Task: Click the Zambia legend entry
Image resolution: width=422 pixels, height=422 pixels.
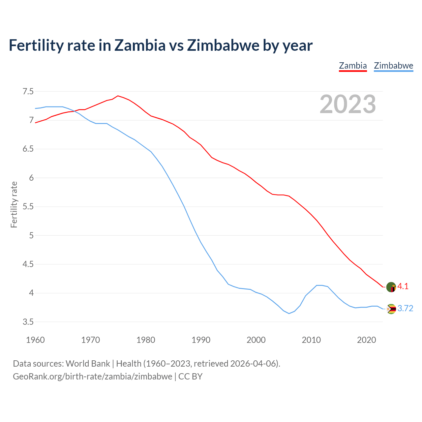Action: click(x=353, y=66)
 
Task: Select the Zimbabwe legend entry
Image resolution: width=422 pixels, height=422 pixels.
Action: click(x=393, y=66)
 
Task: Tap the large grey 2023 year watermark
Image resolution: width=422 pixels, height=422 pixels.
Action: click(x=348, y=104)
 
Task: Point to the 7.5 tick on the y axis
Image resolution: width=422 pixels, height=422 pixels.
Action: click(x=28, y=91)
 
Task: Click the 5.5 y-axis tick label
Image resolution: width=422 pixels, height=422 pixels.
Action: click(x=28, y=207)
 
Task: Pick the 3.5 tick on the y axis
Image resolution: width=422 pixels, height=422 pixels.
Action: click(x=28, y=322)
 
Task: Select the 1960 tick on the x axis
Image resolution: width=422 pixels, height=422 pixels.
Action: click(x=35, y=340)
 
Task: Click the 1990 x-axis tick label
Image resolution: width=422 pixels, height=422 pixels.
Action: click(x=201, y=340)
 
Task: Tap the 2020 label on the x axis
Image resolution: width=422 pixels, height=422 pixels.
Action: click(x=366, y=340)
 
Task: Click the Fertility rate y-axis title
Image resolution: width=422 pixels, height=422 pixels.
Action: click(x=14, y=204)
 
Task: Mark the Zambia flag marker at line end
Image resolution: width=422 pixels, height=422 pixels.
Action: click(x=391, y=287)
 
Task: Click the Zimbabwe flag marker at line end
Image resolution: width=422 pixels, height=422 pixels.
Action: click(x=391, y=309)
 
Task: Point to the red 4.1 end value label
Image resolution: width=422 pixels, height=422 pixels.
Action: click(x=403, y=286)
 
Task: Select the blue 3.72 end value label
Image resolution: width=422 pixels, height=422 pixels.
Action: click(x=405, y=309)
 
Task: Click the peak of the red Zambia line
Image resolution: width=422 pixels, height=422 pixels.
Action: click(x=118, y=96)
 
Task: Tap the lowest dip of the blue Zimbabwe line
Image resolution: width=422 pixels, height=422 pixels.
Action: click(x=289, y=313)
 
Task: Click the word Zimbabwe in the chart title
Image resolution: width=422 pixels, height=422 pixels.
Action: click(x=223, y=45)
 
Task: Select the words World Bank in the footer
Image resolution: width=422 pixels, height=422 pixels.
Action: click(x=88, y=364)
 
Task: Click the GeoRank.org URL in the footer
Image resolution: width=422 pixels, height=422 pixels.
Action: click(x=92, y=377)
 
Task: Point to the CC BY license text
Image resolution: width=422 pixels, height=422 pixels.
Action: click(x=190, y=377)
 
